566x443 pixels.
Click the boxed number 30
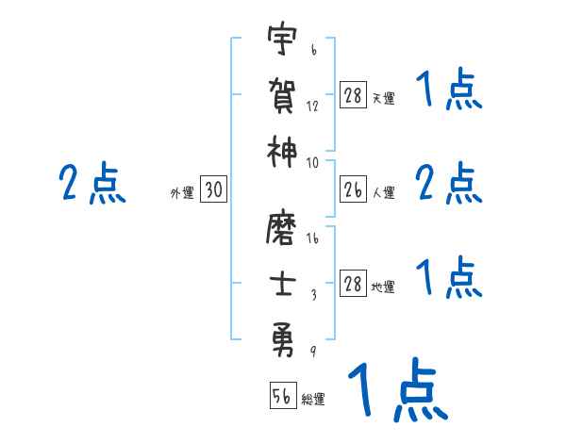point(213,190)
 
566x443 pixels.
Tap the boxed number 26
point(352,190)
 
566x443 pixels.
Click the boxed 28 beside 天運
point(352,96)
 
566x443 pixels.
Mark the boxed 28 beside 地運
point(352,285)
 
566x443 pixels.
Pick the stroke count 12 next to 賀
point(312,107)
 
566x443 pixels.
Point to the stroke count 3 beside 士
point(312,294)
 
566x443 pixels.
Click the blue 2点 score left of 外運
point(92,183)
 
